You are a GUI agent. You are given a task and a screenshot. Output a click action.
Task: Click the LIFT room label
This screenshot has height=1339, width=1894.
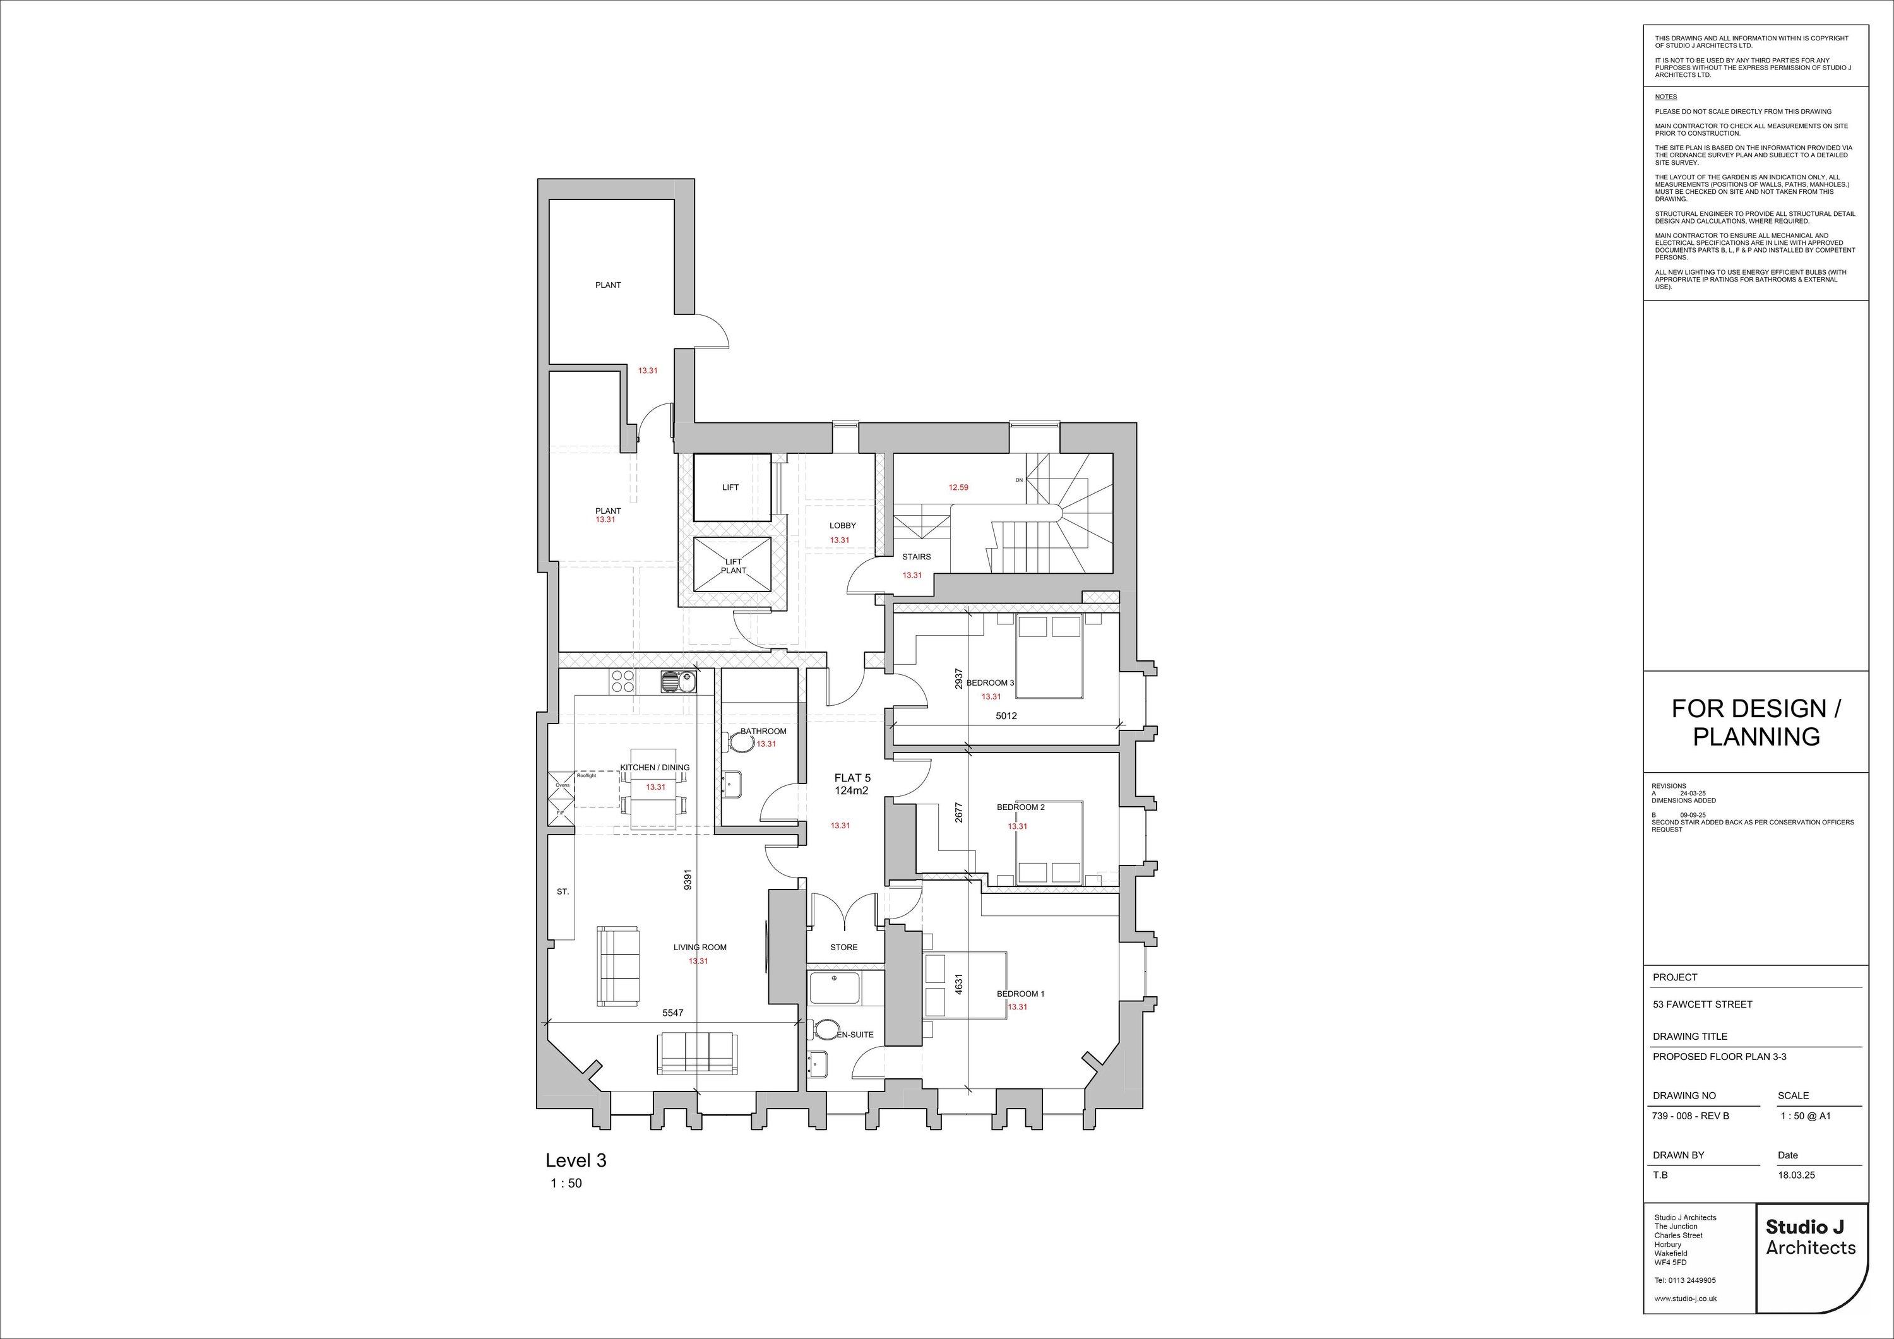pos(730,487)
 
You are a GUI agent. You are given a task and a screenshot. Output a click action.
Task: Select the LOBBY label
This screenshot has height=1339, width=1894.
pos(842,525)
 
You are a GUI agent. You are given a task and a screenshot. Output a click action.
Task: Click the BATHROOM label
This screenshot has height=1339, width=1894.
pos(763,731)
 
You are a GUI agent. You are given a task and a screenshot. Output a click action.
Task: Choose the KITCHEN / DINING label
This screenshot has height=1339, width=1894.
pos(655,767)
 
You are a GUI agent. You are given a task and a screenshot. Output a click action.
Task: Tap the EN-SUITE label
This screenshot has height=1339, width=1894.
pos(855,1035)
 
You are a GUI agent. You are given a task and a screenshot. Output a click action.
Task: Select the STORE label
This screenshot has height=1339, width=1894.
pos(843,947)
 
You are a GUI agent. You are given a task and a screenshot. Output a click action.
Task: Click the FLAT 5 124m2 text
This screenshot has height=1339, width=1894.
pos(852,783)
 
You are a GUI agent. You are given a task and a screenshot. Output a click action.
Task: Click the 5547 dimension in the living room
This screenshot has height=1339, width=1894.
pos(673,1012)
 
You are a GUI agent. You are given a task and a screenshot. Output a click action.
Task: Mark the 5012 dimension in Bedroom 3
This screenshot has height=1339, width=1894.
pos(1006,716)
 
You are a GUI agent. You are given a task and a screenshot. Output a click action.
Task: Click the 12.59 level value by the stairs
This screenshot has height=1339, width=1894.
pos(958,487)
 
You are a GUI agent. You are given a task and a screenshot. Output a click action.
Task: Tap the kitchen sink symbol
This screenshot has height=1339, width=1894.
pos(678,681)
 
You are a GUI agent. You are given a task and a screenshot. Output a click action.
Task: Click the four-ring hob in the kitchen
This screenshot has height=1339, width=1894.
pos(622,681)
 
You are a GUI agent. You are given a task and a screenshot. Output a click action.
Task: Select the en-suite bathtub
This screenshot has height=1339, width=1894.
pos(834,987)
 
